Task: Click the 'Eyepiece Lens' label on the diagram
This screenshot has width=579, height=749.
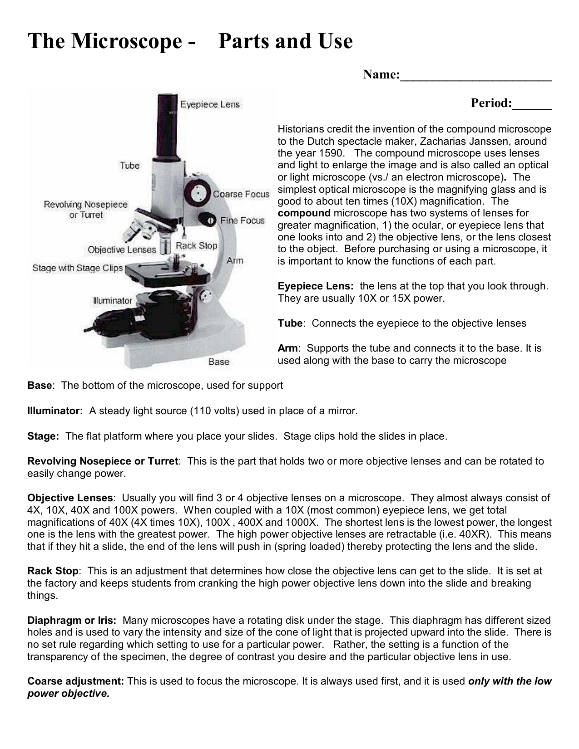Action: (210, 104)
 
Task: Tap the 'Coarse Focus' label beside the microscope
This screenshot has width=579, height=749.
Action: (241, 194)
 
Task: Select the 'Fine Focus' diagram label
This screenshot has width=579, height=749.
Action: (242, 220)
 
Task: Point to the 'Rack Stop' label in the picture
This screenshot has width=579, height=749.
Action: (196, 246)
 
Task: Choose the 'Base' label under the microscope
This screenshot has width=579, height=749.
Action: (218, 362)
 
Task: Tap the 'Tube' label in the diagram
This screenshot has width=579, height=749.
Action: (129, 166)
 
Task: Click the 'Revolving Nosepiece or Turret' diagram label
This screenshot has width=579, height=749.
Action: (86, 210)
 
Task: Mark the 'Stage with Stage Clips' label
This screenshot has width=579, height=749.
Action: (77, 268)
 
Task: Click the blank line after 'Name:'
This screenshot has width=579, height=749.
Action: (475, 75)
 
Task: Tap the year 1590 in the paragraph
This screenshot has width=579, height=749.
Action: (326, 153)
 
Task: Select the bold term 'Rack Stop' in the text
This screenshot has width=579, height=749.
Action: (53, 571)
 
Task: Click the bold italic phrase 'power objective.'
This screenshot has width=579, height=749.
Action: (69, 694)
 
